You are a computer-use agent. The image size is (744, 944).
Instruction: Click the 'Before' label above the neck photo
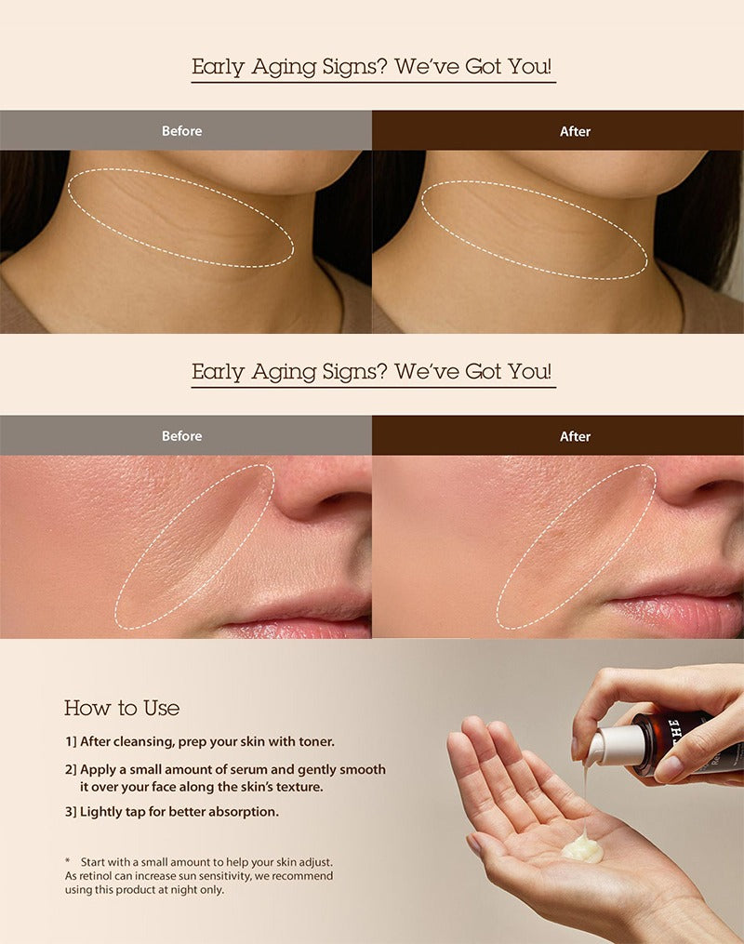pos(181,130)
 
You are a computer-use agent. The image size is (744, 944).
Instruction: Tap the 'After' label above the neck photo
pos(575,131)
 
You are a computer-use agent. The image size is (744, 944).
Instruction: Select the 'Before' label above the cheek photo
pos(181,436)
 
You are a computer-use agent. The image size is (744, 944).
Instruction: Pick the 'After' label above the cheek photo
pos(575,436)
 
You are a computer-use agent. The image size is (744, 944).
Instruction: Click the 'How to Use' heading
pos(122,708)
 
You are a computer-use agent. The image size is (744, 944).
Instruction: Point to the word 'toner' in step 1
pos(317,742)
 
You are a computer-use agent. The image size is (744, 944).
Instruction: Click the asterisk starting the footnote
pos(67,861)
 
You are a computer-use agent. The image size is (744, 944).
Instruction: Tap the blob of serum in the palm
pos(581,845)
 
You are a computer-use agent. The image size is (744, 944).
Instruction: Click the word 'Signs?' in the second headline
pos(354,371)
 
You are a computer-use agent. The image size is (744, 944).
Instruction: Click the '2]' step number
pos(71,769)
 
